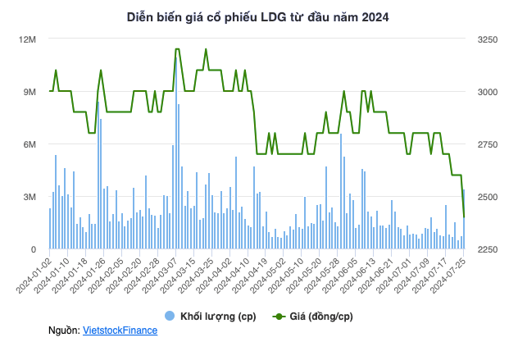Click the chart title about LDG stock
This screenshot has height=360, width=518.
(x=258, y=17)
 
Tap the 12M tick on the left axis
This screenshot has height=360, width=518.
(x=28, y=39)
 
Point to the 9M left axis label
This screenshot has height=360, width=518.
(x=30, y=92)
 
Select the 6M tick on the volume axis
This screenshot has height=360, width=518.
(x=30, y=144)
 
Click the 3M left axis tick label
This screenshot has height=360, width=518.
(x=30, y=197)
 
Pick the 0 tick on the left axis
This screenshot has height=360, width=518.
(x=34, y=249)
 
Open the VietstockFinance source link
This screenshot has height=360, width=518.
(x=120, y=330)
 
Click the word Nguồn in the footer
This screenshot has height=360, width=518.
(x=64, y=330)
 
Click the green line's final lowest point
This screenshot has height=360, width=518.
(x=464, y=217)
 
